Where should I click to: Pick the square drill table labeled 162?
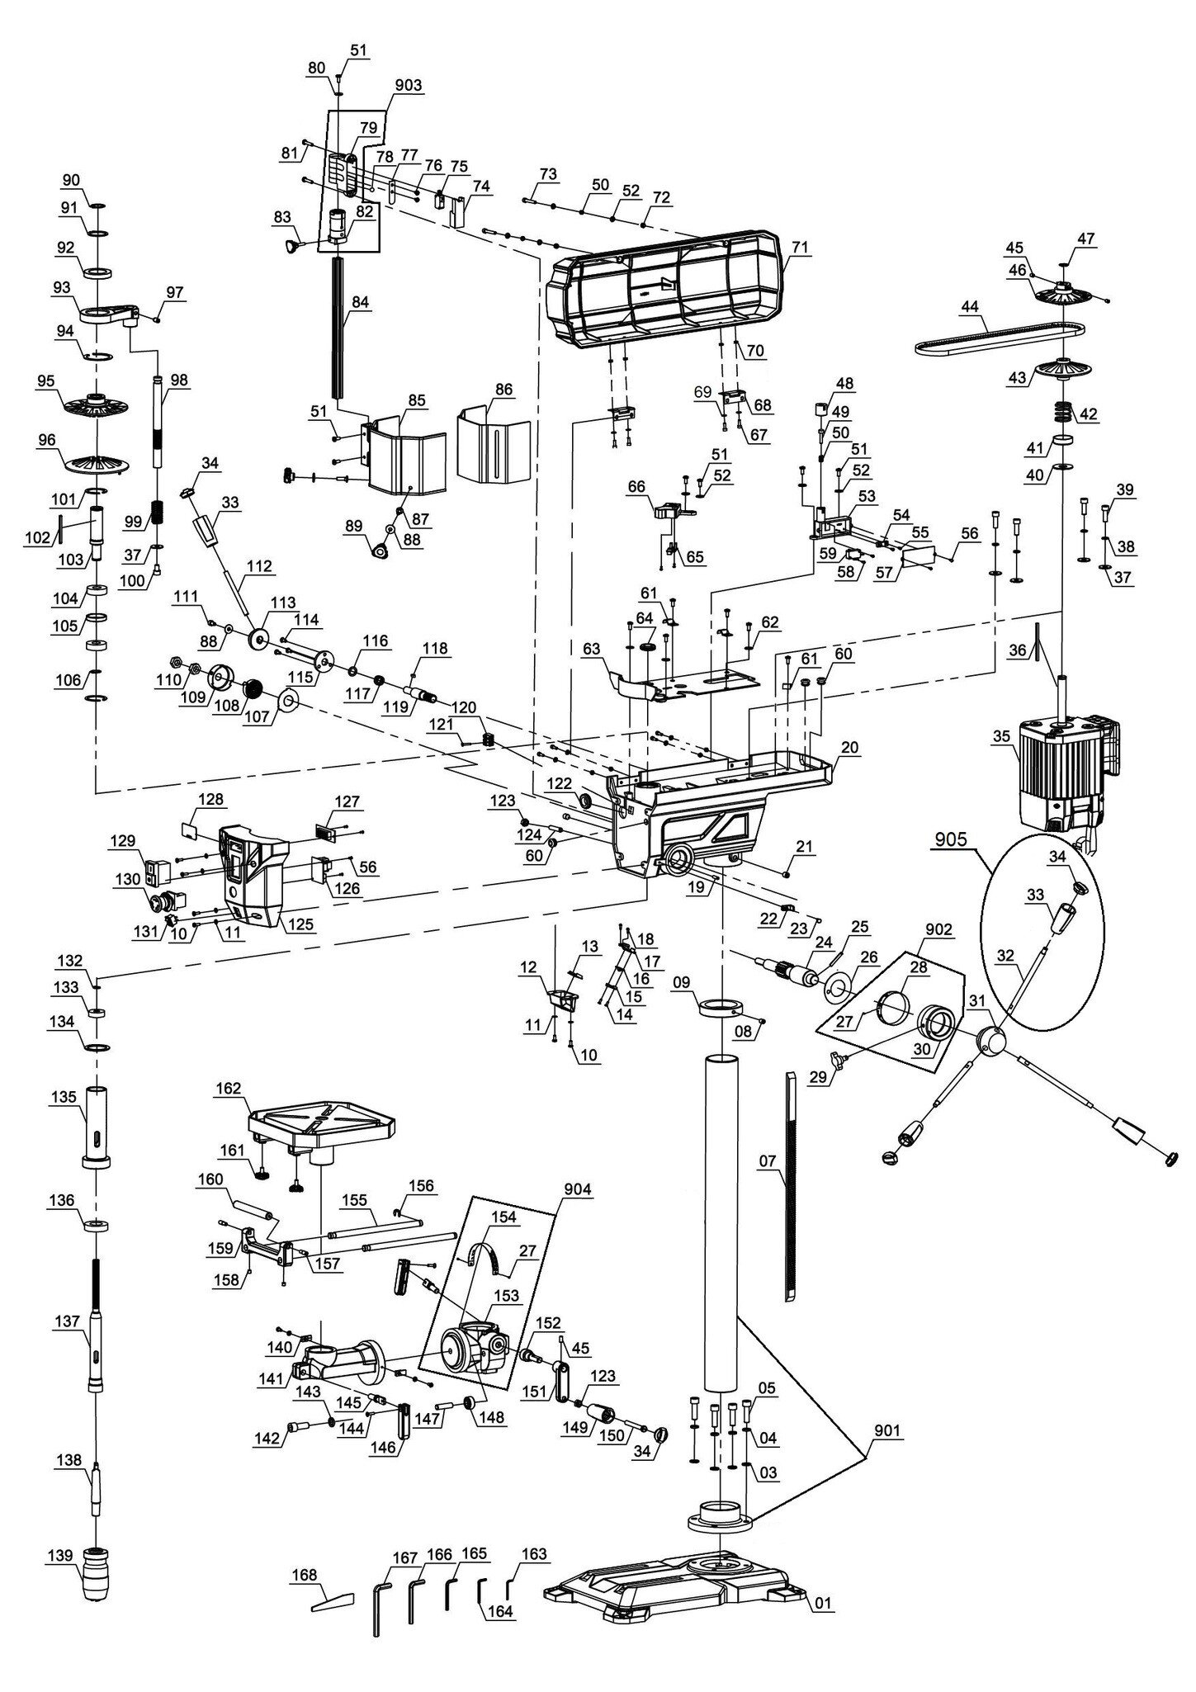321,1127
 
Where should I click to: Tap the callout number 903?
408,86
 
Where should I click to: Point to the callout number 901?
885,1431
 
